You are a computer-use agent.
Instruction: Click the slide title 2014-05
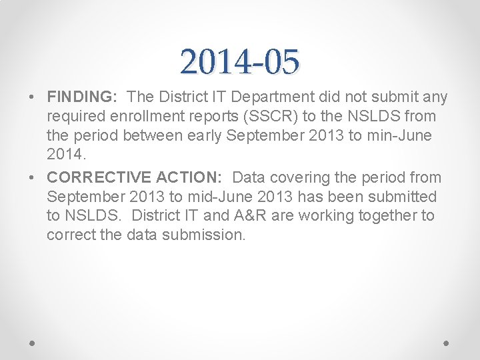click(x=239, y=62)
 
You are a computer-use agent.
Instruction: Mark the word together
click(x=386, y=215)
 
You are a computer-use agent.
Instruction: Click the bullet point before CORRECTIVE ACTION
click(x=33, y=178)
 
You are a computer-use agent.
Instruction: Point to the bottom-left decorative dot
click(x=33, y=343)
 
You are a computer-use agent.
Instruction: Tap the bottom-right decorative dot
click(x=447, y=343)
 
